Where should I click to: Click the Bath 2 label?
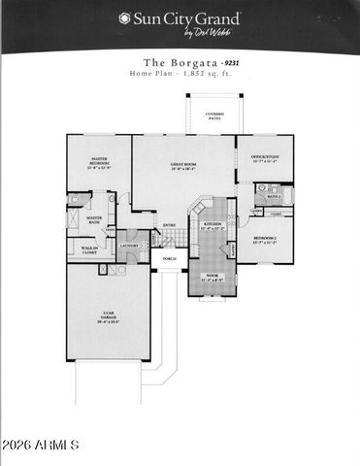(274, 195)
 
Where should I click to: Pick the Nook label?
(213, 278)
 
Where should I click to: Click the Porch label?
(169, 259)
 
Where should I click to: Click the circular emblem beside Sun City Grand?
(124, 18)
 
